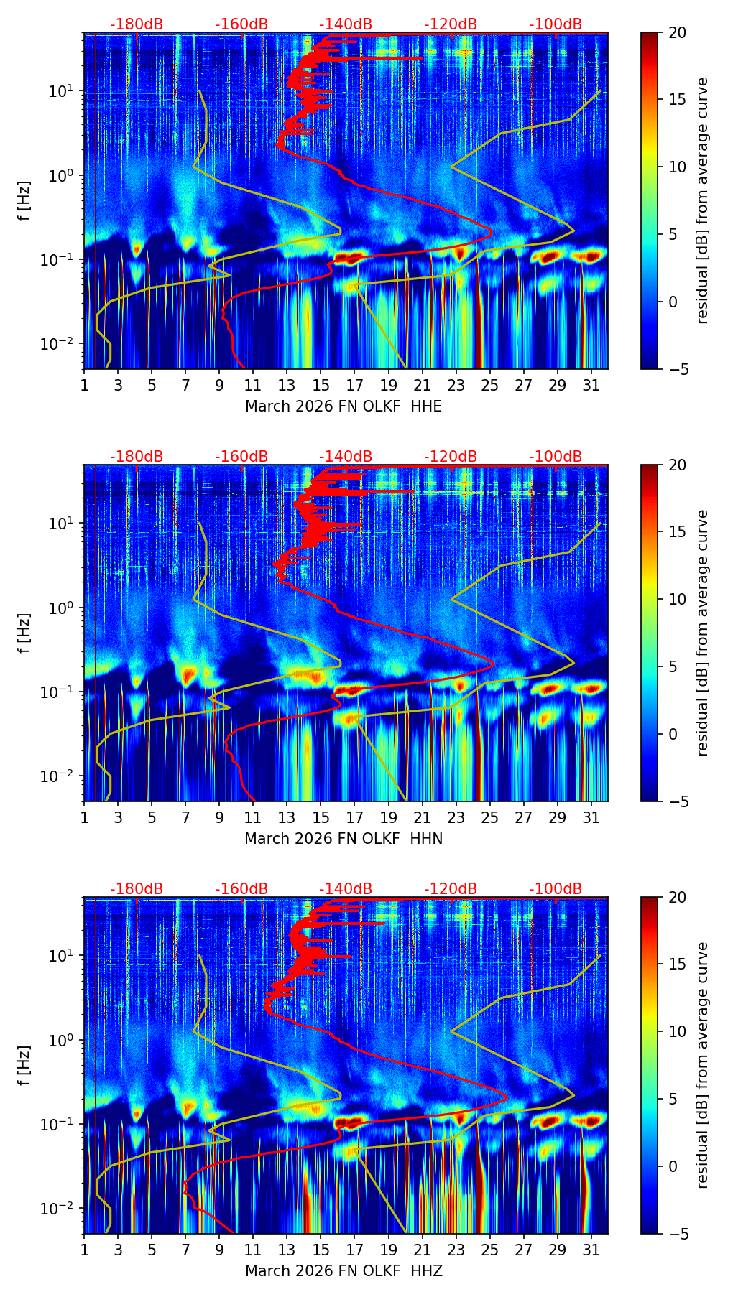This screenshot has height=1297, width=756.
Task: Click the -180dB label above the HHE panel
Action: coord(137,24)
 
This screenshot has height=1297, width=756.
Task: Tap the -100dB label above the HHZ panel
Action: coord(556,889)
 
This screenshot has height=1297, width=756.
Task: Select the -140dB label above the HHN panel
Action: coord(346,457)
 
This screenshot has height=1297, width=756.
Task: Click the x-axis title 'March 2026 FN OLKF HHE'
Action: coord(344,406)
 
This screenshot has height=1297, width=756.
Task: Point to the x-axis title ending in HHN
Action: coord(344,839)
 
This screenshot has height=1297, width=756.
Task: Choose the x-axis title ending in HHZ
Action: coord(344,1271)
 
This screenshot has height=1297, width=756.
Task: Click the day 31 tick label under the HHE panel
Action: coord(591,386)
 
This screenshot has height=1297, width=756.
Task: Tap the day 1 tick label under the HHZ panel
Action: coord(84,1250)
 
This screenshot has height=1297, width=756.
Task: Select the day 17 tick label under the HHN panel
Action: coord(354,818)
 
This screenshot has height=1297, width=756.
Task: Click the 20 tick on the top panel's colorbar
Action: coord(677,32)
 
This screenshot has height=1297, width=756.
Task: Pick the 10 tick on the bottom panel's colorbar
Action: coord(677,1031)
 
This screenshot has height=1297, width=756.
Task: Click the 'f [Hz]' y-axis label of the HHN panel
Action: coord(25,633)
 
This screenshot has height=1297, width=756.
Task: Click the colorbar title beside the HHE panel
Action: coord(703,200)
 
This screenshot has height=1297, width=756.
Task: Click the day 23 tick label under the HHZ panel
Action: coord(456,1250)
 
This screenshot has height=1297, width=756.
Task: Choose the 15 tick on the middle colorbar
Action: coord(677,531)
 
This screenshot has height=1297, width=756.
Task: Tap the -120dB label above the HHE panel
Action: coord(451,24)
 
